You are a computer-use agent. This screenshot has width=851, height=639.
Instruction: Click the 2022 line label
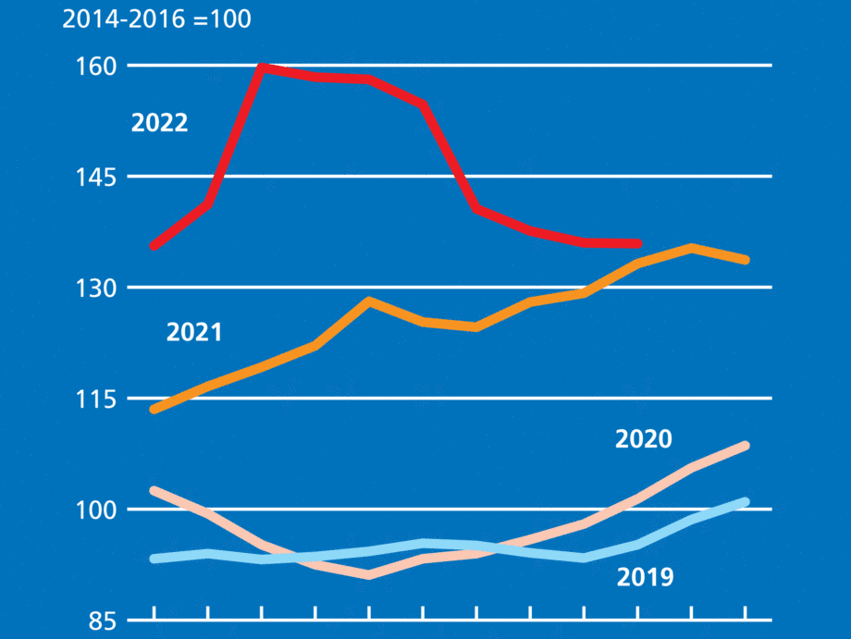pyautogui.click(x=159, y=123)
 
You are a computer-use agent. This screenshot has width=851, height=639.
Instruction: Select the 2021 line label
pyautogui.click(x=194, y=332)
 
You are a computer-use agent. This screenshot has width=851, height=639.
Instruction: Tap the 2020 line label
pyautogui.click(x=643, y=439)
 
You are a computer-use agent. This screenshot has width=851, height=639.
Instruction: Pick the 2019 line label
pyautogui.click(x=645, y=579)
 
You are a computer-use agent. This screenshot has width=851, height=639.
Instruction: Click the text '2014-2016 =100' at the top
pyautogui.click(x=156, y=19)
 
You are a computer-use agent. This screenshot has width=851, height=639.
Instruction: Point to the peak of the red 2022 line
pyautogui.click(x=262, y=67)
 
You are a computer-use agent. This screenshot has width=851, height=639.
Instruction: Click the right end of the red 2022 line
pyautogui.click(x=637, y=243)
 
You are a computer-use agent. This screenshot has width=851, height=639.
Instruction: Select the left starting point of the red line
pyautogui.click(x=154, y=246)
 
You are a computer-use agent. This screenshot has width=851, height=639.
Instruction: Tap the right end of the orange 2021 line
pyautogui.click(x=745, y=260)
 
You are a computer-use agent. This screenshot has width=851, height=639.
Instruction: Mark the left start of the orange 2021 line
pyautogui.click(x=154, y=409)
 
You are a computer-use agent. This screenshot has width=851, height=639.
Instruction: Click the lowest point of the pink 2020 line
pyautogui.click(x=369, y=575)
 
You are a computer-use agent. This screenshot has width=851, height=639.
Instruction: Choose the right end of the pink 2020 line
pyautogui.click(x=745, y=446)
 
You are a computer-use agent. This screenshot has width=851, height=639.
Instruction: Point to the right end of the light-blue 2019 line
pyautogui.click(x=745, y=502)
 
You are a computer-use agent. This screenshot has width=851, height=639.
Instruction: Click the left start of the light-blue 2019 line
pyautogui.click(x=154, y=559)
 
